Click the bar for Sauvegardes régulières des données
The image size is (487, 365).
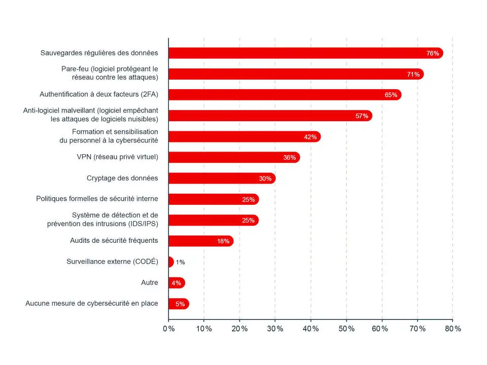tap(304, 53)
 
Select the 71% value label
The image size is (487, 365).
tap(413, 74)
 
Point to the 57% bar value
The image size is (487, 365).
tap(362, 116)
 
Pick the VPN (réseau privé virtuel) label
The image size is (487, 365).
tap(114, 157)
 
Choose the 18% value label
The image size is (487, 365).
tap(223, 241)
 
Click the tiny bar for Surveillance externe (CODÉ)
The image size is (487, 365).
tap(170, 262)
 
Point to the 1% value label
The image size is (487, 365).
tap(181, 262)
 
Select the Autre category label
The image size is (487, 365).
tap(150, 282)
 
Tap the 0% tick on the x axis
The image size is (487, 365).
tap(168, 328)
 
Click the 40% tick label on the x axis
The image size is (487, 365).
tap(310, 328)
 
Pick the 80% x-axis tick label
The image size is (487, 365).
tap(453, 328)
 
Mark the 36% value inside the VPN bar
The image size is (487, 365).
tap(290, 158)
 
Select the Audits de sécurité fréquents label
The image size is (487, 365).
tap(114, 240)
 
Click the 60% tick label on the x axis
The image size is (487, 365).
tap(381, 328)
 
